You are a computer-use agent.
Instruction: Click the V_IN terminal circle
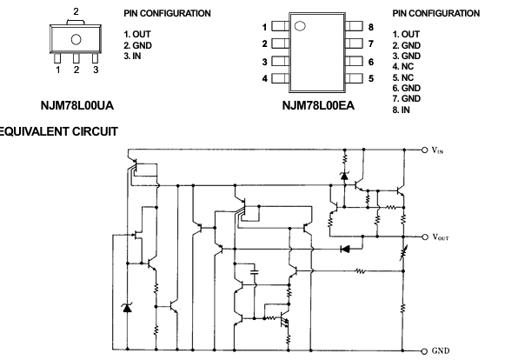(x=425, y=150)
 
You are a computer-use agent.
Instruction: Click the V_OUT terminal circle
(x=425, y=237)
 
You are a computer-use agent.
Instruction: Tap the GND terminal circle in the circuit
(x=425, y=350)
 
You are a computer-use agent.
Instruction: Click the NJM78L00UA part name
(x=77, y=105)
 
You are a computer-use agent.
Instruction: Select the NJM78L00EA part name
(x=318, y=105)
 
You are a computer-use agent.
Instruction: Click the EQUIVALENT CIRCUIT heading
(x=57, y=131)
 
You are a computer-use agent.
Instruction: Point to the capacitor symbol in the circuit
(x=255, y=272)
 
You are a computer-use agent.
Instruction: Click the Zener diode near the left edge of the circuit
(x=127, y=308)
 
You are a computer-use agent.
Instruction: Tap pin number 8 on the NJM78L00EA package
(x=371, y=27)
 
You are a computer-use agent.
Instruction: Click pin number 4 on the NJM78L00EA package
(x=264, y=78)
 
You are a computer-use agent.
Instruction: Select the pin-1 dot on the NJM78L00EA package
(x=300, y=26)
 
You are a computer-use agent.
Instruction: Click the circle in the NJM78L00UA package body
(x=76, y=39)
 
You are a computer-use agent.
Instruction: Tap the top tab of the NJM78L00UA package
(x=76, y=23)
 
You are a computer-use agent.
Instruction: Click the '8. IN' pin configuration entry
(x=401, y=110)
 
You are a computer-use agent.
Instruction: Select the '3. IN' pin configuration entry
(x=132, y=57)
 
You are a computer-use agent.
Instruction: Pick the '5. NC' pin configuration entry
(x=403, y=77)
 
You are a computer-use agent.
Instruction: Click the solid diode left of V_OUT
(x=345, y=249)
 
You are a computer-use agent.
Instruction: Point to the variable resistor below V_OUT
(x=403, y=253)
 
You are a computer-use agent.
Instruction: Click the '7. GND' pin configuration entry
(x=407, y=99)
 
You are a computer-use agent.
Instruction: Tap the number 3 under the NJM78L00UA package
(x=96, y=70)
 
